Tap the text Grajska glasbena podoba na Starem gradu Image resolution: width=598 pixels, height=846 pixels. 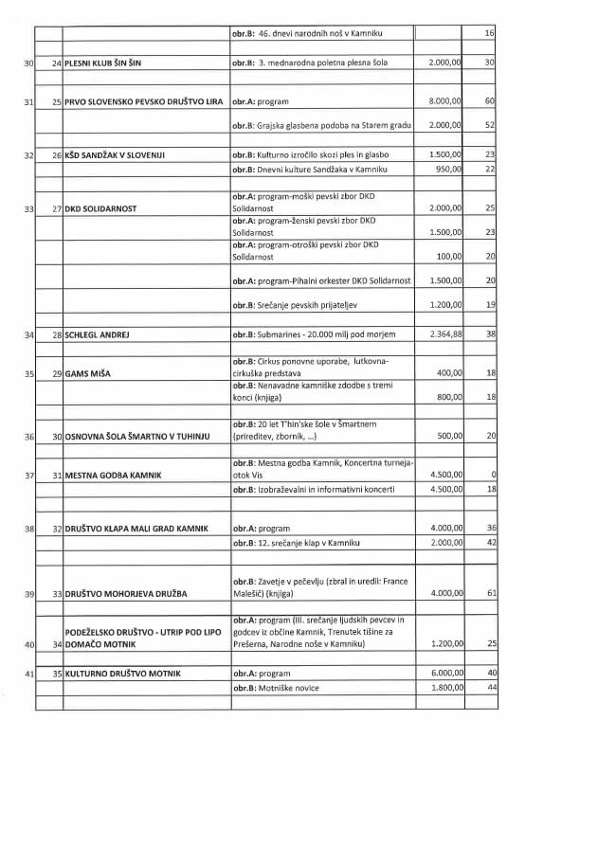[322, 125]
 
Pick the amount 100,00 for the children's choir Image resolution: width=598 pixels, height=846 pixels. [449, 257]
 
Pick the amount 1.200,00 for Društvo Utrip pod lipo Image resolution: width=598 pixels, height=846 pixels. [444, 644]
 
